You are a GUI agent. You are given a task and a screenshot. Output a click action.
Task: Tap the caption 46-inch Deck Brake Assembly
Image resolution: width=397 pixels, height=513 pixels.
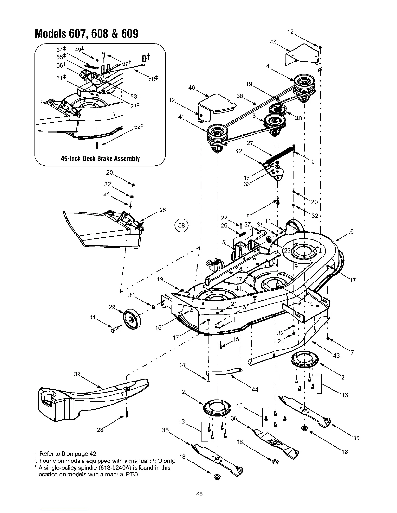click(x=100, y=159)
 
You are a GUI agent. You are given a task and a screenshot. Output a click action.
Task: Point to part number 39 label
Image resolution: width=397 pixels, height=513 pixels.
click(x=77, y=374)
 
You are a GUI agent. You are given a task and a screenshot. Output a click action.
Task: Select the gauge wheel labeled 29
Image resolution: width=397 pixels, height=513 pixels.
click(x=131, y=319)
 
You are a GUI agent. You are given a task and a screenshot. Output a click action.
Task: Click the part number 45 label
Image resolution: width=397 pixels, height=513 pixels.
click(x=273, y=42)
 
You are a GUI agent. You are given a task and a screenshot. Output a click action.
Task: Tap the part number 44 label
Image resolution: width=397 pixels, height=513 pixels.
click(x=255, y=389)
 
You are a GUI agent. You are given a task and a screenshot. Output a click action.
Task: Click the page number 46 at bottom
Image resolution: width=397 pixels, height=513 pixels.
click(x=199, y=494)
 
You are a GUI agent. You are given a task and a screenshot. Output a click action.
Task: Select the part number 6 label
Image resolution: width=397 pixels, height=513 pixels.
click(x=352, y=231)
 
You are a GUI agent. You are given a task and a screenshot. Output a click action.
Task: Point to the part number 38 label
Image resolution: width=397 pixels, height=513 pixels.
click(x=240, y=96)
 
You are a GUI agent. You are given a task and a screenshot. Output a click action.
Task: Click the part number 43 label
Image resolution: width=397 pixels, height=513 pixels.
click(x=336, y=356)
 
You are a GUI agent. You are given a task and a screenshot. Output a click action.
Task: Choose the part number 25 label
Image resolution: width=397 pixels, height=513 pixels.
click(x=163, y=210)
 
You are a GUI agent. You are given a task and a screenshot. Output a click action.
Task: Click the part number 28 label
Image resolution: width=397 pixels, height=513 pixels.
click(x=100, y=430)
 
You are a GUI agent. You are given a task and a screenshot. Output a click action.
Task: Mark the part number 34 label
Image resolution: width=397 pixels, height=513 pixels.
click(x=92, y=317)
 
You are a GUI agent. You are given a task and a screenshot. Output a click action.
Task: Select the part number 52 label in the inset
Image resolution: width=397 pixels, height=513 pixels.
click(x=138, y=127)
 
